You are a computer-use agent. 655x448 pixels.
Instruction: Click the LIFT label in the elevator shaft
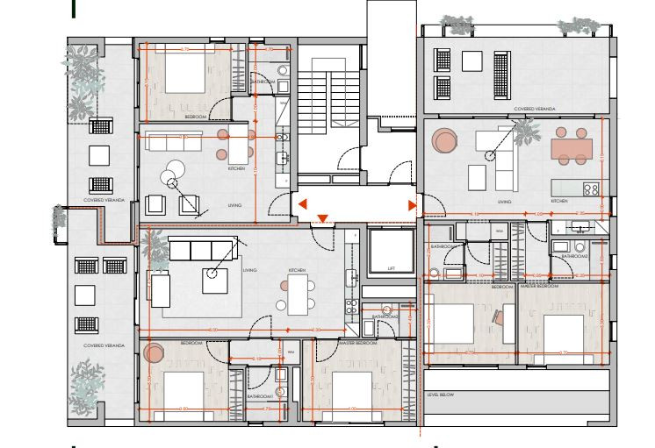click(391, 269)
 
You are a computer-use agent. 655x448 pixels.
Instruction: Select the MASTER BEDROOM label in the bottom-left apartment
click(358, 343)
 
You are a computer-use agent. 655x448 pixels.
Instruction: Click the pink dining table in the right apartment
click(571, 149)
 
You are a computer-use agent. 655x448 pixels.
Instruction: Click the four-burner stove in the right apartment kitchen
click(591, 188)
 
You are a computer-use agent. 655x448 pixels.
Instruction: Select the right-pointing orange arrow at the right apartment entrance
click(412, 205)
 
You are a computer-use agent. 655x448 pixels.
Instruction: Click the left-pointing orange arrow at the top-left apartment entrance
click(301, 205)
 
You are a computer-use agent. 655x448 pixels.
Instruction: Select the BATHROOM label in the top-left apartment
click(263, 82)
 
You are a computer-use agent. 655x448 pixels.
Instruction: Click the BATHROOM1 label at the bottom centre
click(261, 395)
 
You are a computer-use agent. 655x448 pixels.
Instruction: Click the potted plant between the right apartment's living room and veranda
click(526, 132)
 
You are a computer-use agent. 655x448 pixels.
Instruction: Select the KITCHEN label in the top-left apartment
click(236, 168)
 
